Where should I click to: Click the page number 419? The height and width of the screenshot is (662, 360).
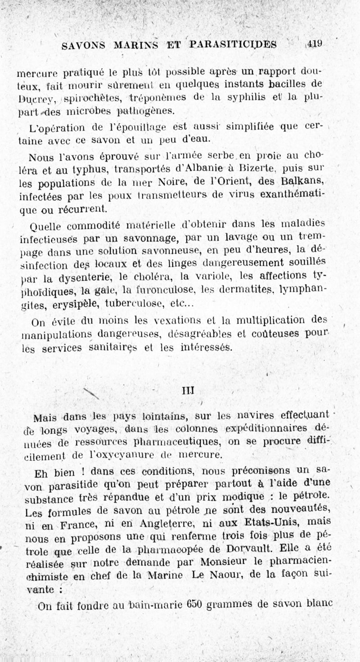coord(315,44)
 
